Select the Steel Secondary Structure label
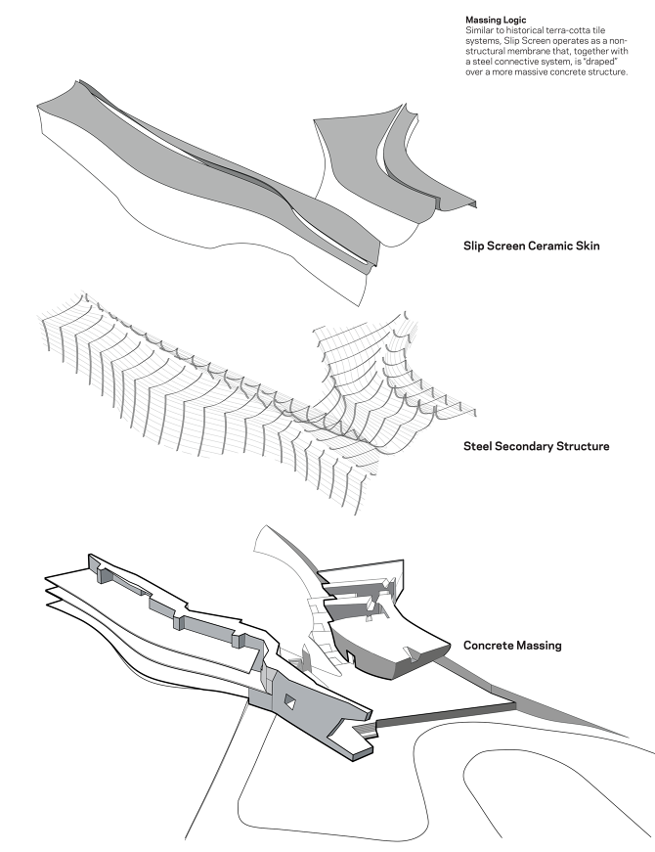pos(537,446)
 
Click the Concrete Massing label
pos(512,646)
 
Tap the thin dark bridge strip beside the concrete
pos(446,715)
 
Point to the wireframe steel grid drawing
pos(244,381)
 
